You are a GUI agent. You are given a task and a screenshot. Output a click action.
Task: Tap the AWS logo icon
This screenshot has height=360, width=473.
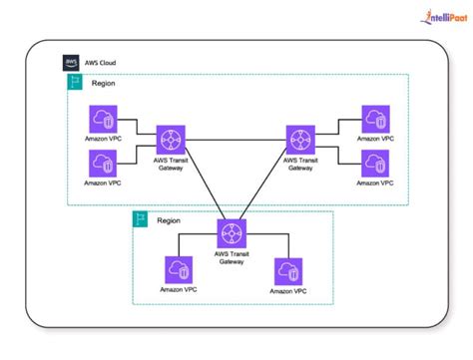71,61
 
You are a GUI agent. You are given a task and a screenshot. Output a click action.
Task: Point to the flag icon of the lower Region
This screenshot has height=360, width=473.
142,218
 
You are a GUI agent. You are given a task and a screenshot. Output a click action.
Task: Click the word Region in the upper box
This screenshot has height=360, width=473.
104,84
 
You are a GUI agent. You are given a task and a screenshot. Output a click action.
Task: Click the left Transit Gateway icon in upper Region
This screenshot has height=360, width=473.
170,138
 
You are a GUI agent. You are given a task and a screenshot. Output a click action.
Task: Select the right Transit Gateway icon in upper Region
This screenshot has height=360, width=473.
299,138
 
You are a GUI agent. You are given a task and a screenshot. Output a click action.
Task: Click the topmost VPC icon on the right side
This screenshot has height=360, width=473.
375,119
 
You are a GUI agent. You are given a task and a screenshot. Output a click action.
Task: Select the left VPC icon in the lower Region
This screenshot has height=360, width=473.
178,269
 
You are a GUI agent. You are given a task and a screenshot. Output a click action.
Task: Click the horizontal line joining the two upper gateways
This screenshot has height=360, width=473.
235,138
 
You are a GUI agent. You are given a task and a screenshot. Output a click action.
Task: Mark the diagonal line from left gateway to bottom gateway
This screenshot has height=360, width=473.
202,185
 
